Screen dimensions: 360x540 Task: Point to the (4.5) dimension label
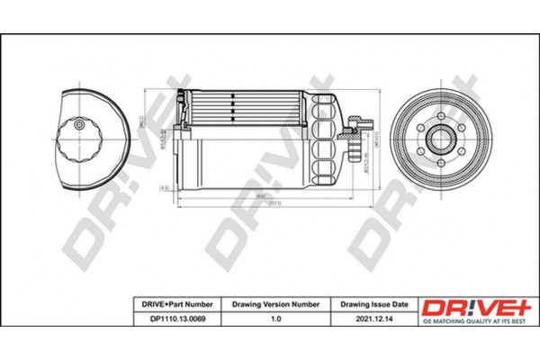[x=164, y=187]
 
